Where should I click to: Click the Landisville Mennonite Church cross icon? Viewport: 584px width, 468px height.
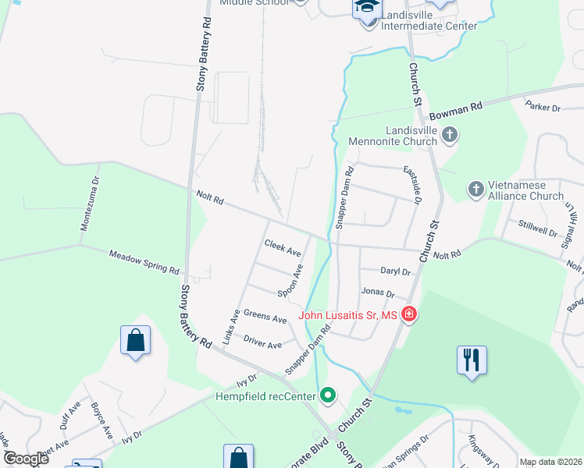point(449,135)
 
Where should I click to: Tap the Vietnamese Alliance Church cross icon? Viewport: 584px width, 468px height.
point(475,189)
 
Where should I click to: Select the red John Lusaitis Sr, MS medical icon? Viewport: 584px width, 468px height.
point(408,315)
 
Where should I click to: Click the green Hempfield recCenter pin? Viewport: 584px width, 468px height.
point(328,396)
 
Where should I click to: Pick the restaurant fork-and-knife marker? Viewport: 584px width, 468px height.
point(472,360)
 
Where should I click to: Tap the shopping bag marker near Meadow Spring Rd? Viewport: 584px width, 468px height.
point(135,340)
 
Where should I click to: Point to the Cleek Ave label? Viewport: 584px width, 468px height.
point(283,248)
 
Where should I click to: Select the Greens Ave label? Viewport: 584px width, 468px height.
point(265,317)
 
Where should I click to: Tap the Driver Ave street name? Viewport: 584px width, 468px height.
point(262,342)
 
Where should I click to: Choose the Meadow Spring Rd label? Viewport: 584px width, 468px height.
point(144,261)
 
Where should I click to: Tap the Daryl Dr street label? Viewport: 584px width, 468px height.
point(395,271)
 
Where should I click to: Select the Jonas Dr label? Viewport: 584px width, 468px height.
point(378,293)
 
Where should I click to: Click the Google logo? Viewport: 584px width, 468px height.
point(25,459)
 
